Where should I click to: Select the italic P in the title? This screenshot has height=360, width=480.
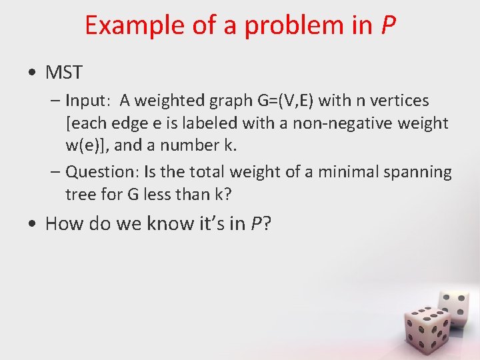coord(388,25)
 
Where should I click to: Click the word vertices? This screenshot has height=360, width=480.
coord(403,101)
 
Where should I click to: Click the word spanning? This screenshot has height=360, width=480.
coord(418,172)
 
